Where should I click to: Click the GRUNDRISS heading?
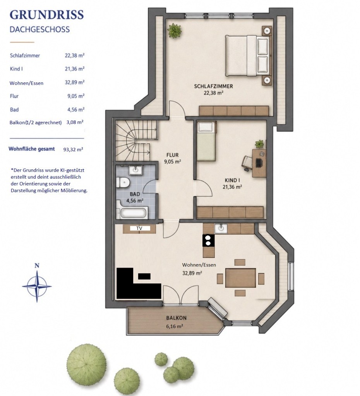46,15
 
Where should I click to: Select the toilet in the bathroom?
123,182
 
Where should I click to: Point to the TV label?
139,228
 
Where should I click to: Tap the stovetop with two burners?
208,241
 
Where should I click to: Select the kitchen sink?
221,228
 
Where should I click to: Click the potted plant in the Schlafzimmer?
175,31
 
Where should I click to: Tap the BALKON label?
176,318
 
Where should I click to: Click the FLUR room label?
172,155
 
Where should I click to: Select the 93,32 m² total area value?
73,149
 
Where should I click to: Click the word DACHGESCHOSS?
40,29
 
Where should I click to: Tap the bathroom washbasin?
135,170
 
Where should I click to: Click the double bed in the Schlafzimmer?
248,56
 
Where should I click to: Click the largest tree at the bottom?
86,363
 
